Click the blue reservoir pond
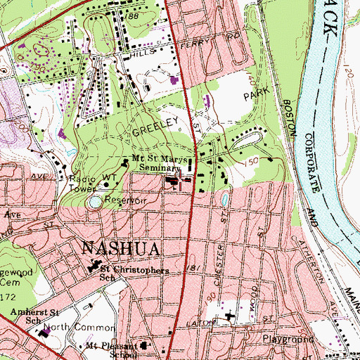(x=94, y=202)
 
